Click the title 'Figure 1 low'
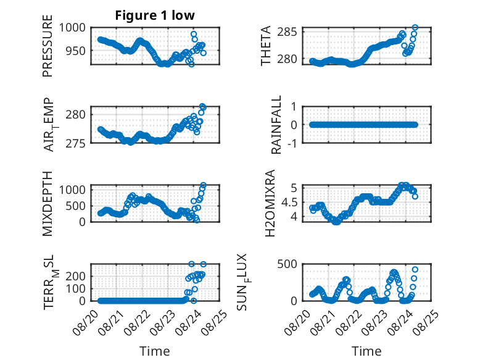pos(155,15)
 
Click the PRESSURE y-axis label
pos(48,46)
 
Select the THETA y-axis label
pos(266,46)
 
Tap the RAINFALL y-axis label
pos(276,125)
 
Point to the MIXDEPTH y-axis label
pos(48,203)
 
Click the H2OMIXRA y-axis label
pos(270,203)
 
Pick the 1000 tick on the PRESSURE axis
pos(72,28)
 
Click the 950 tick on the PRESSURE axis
pos(76,51)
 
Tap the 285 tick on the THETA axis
pos(287,31)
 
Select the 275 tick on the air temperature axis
pos(76,143)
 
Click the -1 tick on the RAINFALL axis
pos(292,143)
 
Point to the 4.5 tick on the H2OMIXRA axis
pos(289,202)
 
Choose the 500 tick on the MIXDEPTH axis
pos(76,206)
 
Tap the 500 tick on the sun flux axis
pos(287,264)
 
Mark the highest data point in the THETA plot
pos(415,28)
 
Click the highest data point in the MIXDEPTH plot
pos(203,185)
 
